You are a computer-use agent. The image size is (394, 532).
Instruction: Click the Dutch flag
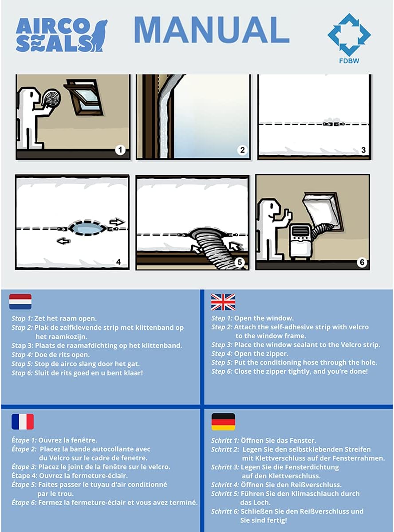point(20,301)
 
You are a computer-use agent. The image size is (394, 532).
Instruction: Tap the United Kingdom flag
point(223,302)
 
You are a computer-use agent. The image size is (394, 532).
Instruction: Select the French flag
point(23,422)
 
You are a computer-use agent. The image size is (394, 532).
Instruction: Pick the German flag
point(223,422)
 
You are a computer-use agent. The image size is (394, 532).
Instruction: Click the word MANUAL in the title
point(211,30)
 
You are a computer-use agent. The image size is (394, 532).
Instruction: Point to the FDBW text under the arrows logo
point(349,61)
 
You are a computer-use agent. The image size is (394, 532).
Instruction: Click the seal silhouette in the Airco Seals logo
point(98,35)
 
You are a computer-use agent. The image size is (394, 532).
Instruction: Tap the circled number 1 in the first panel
point(120,150)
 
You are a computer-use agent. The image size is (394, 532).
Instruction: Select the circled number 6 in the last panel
point(362,262)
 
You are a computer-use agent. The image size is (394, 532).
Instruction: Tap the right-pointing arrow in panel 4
point(117,222)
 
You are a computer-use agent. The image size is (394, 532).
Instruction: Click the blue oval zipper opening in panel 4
point(87,229)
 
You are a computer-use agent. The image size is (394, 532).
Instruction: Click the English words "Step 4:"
point(222,354)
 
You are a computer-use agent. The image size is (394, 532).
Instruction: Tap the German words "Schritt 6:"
point(225,511)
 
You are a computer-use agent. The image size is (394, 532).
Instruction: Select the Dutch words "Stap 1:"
point(22,318)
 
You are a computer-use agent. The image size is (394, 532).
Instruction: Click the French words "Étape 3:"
point(24,467)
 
